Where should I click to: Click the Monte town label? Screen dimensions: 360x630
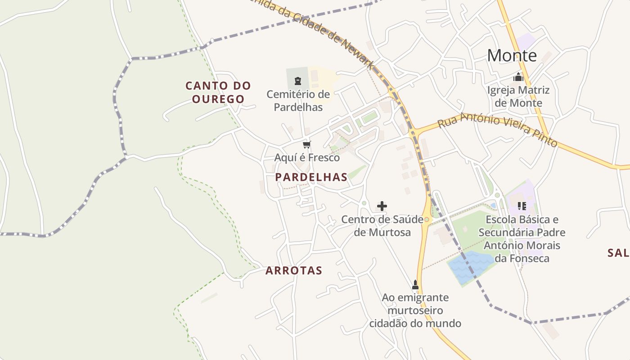click(512, 56)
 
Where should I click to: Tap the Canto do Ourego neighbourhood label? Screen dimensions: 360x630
click(218, 92)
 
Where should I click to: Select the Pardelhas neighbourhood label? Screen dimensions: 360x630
click(311, 177)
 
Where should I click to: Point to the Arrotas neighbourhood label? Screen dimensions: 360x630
click(294, 270)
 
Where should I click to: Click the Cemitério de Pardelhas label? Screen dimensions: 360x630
click(298, 101)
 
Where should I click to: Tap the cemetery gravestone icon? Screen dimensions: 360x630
click(297, 81)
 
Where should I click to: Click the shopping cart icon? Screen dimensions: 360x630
click(307, 144)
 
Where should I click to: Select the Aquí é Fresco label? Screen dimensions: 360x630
click(307, 158)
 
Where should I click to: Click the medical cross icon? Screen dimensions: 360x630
click(382, 206)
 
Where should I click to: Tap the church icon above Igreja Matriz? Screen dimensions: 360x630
click(518, 77)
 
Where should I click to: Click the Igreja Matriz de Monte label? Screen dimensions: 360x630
click(518, 96)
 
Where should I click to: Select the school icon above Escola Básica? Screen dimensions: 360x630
click(522, 206)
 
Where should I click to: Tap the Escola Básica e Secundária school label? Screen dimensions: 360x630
click(522, 239)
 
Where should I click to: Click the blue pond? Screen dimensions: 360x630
click(470, 266)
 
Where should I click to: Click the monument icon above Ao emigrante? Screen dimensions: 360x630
click(415, 285)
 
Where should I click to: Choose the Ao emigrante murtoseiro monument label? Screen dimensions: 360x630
click(415, 310)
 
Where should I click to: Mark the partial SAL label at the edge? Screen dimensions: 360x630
click(618, 253)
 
